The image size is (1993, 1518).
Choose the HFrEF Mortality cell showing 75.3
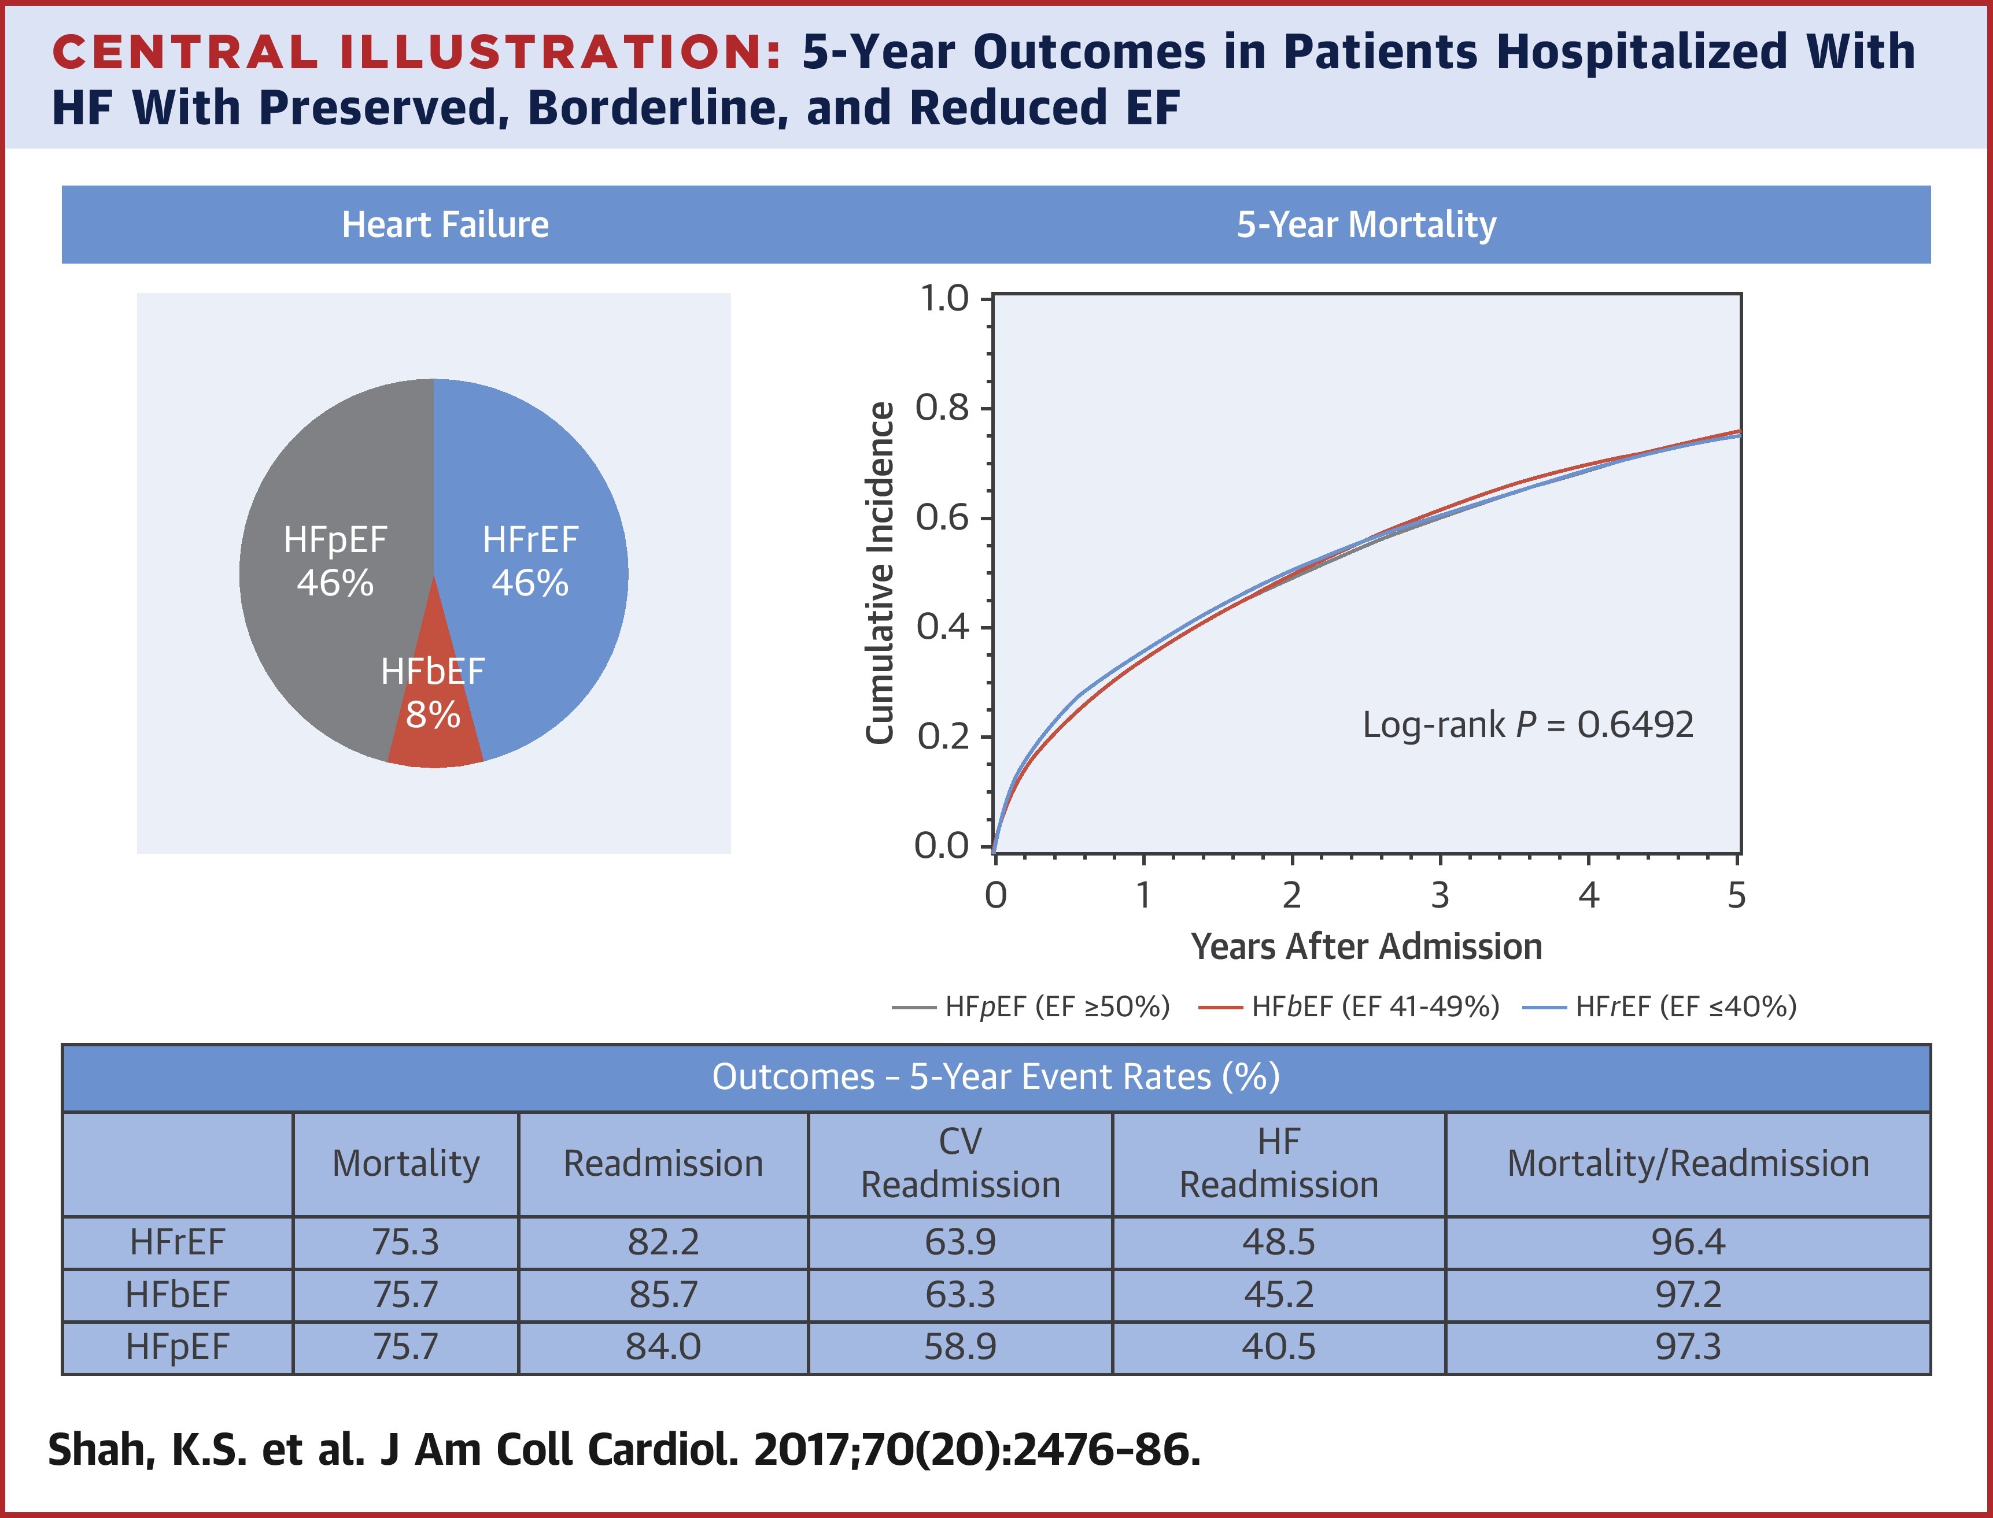(406, 1242)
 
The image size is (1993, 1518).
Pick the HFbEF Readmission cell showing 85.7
(663, 1295)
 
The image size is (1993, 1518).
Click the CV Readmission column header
(960, 1163)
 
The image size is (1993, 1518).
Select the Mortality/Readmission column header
(1688, 1163)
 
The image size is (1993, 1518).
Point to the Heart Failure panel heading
(445, 224)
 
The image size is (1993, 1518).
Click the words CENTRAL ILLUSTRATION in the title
(416, 53)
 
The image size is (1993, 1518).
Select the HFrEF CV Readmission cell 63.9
(960, 1242)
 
